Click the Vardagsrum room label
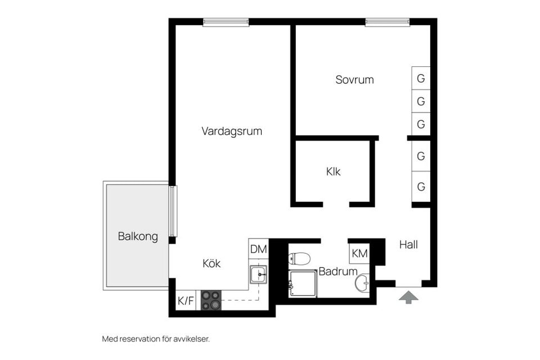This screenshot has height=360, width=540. pos(232,131)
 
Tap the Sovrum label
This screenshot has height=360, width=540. pos(354,80)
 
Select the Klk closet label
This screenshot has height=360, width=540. pos(333,172)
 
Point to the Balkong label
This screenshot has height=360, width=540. pos(138,236)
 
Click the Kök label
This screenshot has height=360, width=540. pos(211,263)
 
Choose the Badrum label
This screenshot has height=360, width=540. pos(337,272)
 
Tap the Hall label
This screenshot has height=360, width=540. pos(408,245)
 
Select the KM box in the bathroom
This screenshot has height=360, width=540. pos(359,254)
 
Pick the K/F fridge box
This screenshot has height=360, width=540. pos(186,301)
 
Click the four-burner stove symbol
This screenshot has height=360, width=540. pos(211,300)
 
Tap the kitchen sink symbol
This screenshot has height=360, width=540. pos(258,274)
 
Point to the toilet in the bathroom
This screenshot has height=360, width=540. pos(299,259)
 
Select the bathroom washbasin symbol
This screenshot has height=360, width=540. pos(363,283)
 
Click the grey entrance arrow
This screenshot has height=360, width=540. pos(409,296)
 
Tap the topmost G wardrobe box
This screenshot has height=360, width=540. pos(421,78)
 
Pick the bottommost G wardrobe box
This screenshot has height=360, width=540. pos(421,186)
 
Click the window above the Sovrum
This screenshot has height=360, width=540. pos(388,22)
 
